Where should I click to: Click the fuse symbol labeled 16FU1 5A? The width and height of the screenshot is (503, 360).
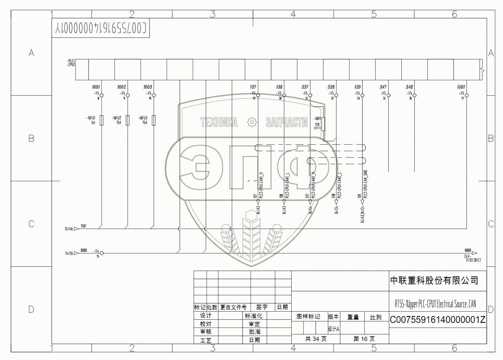click(101, 120)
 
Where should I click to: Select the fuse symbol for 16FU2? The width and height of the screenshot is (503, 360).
click(128, 120)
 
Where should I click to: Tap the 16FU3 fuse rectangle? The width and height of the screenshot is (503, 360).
click(154, 120)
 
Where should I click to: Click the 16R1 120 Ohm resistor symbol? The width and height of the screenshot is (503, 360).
click(323, 124)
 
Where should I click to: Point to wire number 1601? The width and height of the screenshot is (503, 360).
click(96, 87)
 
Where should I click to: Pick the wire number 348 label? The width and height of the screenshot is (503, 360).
click(409, 87)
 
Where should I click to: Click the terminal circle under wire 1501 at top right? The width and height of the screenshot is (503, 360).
click(466, 95)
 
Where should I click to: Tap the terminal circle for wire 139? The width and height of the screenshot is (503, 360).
click(362, 95)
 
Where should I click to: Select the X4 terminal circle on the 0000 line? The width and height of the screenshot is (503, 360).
click(102, 253)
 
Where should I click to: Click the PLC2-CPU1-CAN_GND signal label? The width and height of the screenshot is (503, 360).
click(366, 184)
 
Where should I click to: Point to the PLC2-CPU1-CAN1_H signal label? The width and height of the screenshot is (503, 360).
click(261, 185)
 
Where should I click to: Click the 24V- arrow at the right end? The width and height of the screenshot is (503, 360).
click(474, 253)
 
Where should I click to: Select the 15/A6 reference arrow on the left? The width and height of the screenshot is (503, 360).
click(76, 229)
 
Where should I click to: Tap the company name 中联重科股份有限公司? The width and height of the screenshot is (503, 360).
click(434, 280)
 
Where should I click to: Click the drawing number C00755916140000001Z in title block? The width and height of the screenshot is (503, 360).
click(437, 320)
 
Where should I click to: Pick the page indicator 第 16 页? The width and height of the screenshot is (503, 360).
click(364, 339)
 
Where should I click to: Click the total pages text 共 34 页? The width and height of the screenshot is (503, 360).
click(316, 339)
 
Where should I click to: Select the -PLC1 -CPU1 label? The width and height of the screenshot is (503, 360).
click(71, 63)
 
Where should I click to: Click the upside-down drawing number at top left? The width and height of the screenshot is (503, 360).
click(100, 28)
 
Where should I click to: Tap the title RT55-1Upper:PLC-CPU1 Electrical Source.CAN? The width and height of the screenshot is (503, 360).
click(435, 304)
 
